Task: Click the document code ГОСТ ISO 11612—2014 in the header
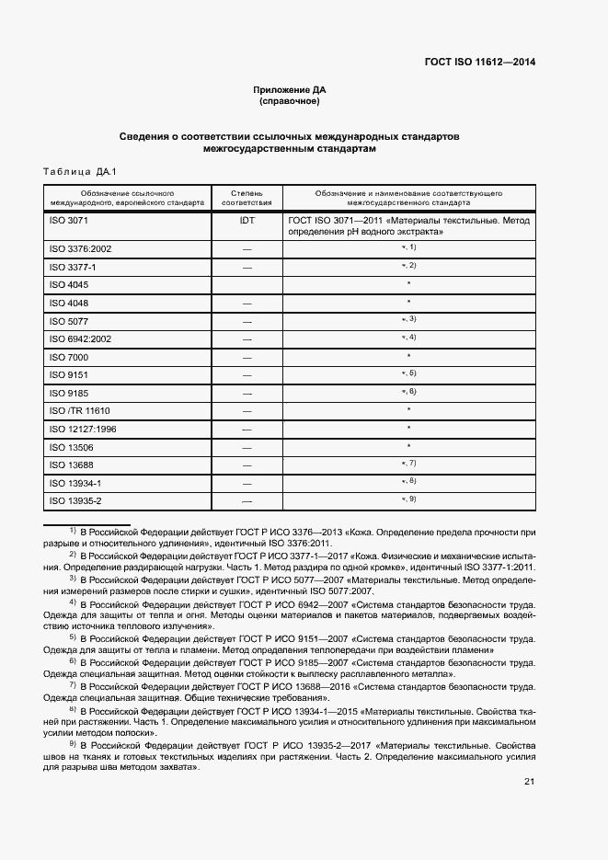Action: (x=479, y=63)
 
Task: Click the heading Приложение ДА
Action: (x=290, y=90)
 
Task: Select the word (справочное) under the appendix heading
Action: (x=290, y=101)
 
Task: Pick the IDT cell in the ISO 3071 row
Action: (x=246, y=221)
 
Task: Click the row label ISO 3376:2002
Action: (x=80, y=248)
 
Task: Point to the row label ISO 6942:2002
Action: (x=80, y=338)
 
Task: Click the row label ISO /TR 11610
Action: (x=79, y=410)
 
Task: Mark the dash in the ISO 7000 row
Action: (x=246, y=357)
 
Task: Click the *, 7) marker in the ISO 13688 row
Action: (x=408, y=464)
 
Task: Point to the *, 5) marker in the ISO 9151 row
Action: (x=408, y=373)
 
